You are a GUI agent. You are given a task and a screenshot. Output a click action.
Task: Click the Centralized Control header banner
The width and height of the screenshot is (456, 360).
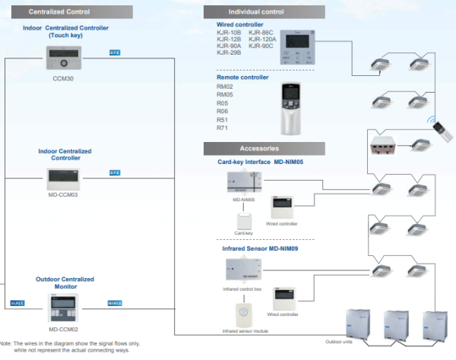(x=59, y=11)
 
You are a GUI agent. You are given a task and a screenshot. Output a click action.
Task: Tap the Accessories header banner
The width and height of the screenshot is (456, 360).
(x=259, y=148)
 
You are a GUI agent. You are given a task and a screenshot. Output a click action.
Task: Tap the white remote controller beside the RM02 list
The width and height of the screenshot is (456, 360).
(x=296, y=108)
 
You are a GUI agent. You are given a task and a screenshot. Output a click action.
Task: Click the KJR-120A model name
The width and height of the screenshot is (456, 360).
(x=262, y=39)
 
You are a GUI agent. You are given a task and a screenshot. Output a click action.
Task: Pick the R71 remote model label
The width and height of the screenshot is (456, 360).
(x=222, y=128)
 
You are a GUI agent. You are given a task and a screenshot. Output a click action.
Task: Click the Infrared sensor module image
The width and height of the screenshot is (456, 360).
(x=243, y=317)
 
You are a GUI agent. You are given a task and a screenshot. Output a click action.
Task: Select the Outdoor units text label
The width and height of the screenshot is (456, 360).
(x=339, y=342)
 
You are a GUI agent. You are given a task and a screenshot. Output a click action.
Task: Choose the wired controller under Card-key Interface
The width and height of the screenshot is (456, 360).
(x=283, y=207)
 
